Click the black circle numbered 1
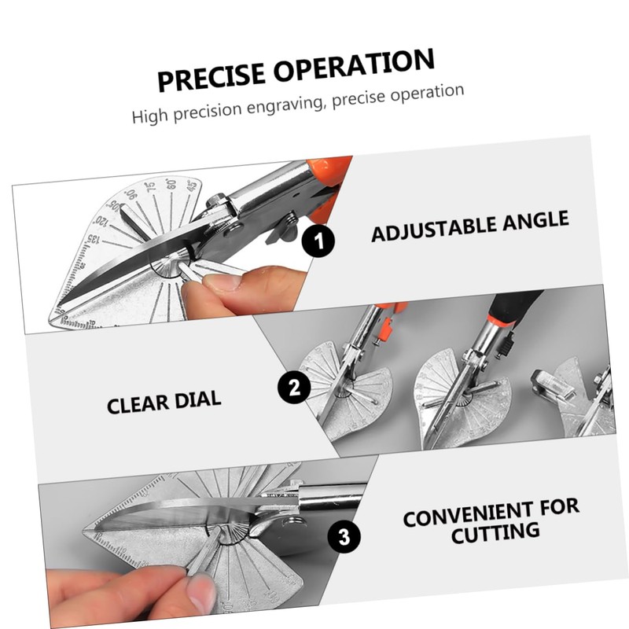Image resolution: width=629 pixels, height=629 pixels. click(318, 240)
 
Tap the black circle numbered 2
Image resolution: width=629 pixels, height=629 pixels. click(294, 386)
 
